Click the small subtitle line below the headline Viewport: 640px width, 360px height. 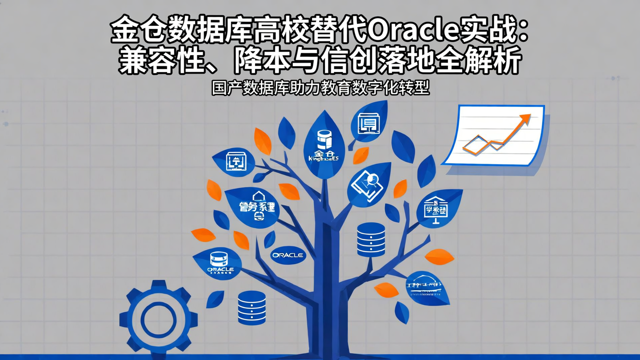coord(320,88)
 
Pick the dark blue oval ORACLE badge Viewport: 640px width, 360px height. coord(288,255)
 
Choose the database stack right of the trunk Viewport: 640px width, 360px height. coord(371,240)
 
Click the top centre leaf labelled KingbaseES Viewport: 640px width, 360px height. coord(324,147)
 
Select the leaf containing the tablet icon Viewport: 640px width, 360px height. coord(368,184)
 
